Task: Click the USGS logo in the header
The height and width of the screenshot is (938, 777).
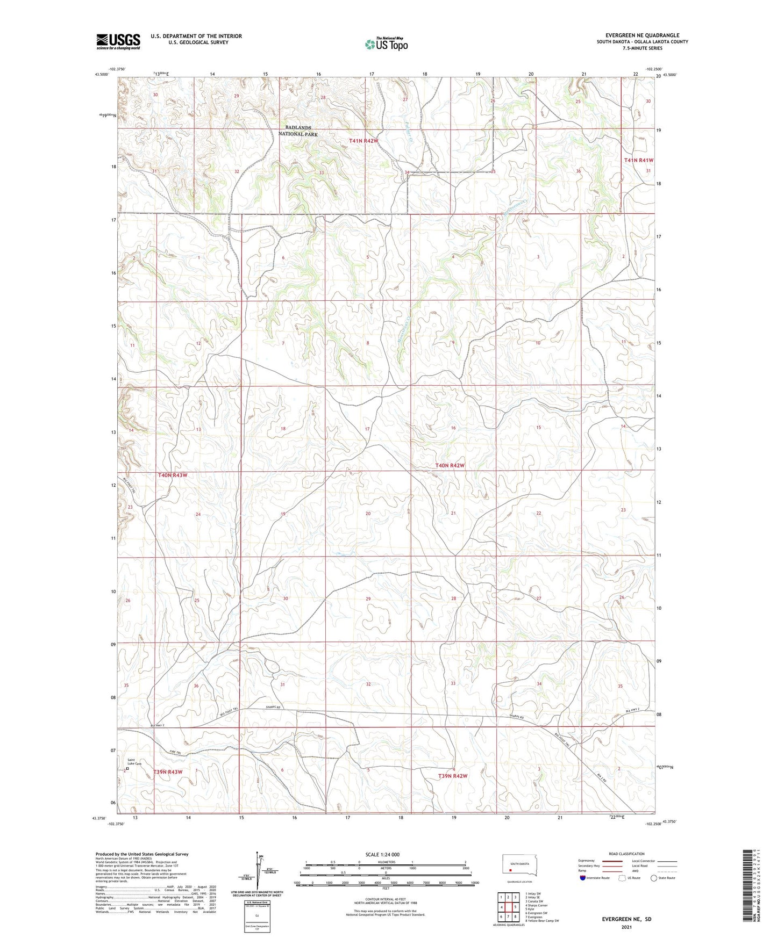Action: [118, 41]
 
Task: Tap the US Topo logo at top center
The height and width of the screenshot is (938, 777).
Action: [386, 44]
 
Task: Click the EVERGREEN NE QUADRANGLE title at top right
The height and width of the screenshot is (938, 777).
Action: [642, 35]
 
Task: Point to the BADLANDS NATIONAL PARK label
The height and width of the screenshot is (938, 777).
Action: [298, 131]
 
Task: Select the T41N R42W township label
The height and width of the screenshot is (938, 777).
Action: [363, 141]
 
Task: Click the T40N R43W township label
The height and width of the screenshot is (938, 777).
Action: [173, 475]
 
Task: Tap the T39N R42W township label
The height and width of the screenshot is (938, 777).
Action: [453, 776]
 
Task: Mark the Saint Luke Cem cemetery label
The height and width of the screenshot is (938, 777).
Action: [133, 762]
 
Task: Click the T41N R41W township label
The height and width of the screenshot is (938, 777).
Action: [638, 160]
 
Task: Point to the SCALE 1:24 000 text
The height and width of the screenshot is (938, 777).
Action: [382, 855]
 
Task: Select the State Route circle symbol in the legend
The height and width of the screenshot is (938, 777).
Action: [653, 878]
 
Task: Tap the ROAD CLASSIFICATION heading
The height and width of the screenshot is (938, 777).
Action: [626, 854]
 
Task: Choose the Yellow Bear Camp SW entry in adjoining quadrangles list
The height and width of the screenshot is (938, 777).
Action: [541, 921]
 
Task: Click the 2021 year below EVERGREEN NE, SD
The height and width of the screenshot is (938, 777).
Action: [626, 927]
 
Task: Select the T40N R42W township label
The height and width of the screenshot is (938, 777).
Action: [450, 465]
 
